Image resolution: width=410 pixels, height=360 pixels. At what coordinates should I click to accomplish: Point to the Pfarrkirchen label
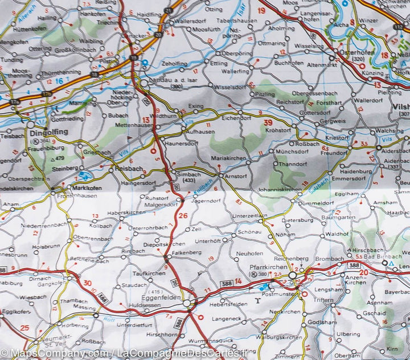pos(266,267)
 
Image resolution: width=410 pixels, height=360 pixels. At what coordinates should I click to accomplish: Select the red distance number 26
pos(182,215)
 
